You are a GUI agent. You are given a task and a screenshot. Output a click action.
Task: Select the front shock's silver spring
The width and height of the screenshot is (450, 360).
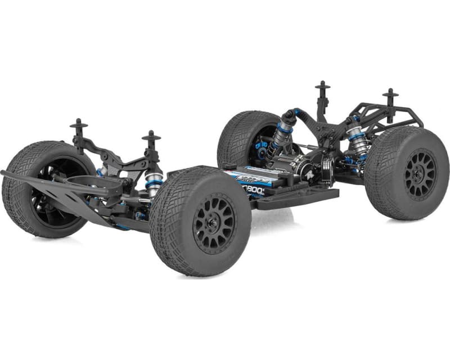click(152, 183)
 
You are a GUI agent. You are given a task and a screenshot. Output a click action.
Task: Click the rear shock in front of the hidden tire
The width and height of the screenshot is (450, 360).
click(279, 138)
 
